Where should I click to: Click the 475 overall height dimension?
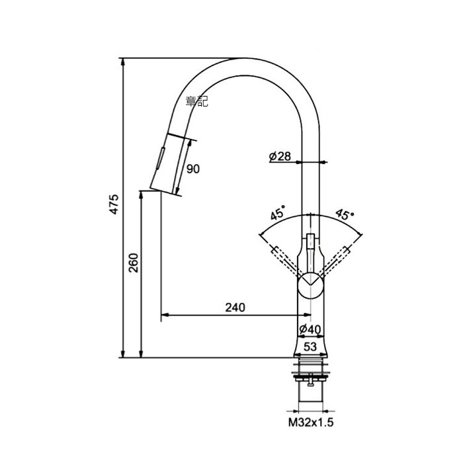114,204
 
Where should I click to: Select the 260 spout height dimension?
134,263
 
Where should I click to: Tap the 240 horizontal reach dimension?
235,308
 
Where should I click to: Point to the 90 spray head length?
193,169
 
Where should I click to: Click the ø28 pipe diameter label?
280,157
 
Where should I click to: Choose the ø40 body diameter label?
310,329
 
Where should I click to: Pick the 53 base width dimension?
310,347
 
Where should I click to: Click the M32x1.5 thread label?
311,423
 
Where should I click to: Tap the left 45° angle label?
278,212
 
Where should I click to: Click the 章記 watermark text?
197,101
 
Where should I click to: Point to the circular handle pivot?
310,286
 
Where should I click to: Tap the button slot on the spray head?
160,158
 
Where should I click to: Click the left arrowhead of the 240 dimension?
165,316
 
